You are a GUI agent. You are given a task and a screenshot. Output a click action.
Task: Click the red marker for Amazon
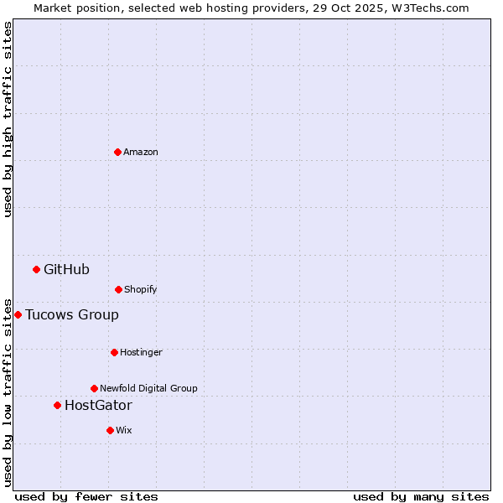tap(117, 152)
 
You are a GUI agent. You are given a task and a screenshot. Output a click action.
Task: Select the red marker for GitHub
tap(36, 269)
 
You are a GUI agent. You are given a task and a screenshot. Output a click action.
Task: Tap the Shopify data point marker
tap(118, 289)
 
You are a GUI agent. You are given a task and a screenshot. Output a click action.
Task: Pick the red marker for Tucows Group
tap(18, 314)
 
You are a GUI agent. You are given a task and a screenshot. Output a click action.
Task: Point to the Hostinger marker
tap(114, 352)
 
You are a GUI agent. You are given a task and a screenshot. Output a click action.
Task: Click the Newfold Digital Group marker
tap(94, 388)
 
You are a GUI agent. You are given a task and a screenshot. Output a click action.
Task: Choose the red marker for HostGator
tap(57, 405)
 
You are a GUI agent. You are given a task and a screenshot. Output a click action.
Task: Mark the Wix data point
tap(110, 430)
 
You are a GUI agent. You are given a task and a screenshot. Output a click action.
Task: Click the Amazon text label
tap(141, 152)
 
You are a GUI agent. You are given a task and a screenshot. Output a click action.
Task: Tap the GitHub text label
tap(66, 269)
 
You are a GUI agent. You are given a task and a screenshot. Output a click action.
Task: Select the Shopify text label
tap(141, 289)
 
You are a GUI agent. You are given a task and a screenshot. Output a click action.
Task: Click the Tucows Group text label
tap(72, 314)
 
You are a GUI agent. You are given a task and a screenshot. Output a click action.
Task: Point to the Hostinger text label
tap(141, 352)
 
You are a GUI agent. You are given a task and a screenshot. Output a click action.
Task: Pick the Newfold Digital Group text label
tap(148, 388)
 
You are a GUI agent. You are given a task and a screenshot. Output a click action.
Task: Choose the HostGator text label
tap(98, 406)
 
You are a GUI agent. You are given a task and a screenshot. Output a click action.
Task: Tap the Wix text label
tap(124, 430)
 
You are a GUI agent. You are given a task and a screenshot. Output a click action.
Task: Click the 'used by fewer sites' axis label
tap(86, 496)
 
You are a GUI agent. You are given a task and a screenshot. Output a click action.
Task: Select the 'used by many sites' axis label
tap(421, 496)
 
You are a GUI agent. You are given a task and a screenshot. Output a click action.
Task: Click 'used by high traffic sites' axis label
tap(8, 119)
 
